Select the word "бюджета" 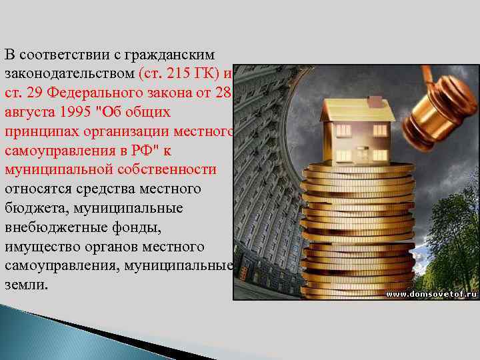tap(33, 208)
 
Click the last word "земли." tap(26, 285)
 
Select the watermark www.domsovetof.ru tap(432, 293)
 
